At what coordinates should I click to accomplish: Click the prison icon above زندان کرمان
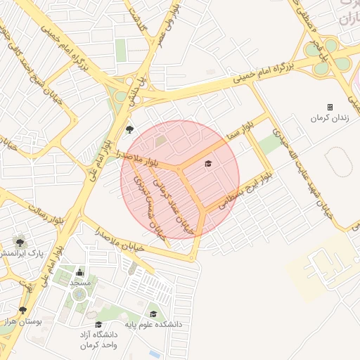click(x=330, y=107)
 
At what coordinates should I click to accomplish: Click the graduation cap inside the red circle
click(x=207, y=164)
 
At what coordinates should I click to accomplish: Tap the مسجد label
click(x=79, y=283)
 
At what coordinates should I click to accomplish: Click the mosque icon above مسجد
click(x=79, y=273)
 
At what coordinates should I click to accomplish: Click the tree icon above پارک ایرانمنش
click(x=20, y=241)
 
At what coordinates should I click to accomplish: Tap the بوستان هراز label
click(x=23, y=321)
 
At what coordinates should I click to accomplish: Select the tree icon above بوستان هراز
click(x=23, y=310)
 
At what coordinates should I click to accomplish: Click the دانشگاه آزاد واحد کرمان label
click(x=98, y=340)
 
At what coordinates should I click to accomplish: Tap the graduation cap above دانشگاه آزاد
click(x=98, y=325)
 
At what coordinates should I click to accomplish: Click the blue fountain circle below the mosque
click(x=78, y=295)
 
